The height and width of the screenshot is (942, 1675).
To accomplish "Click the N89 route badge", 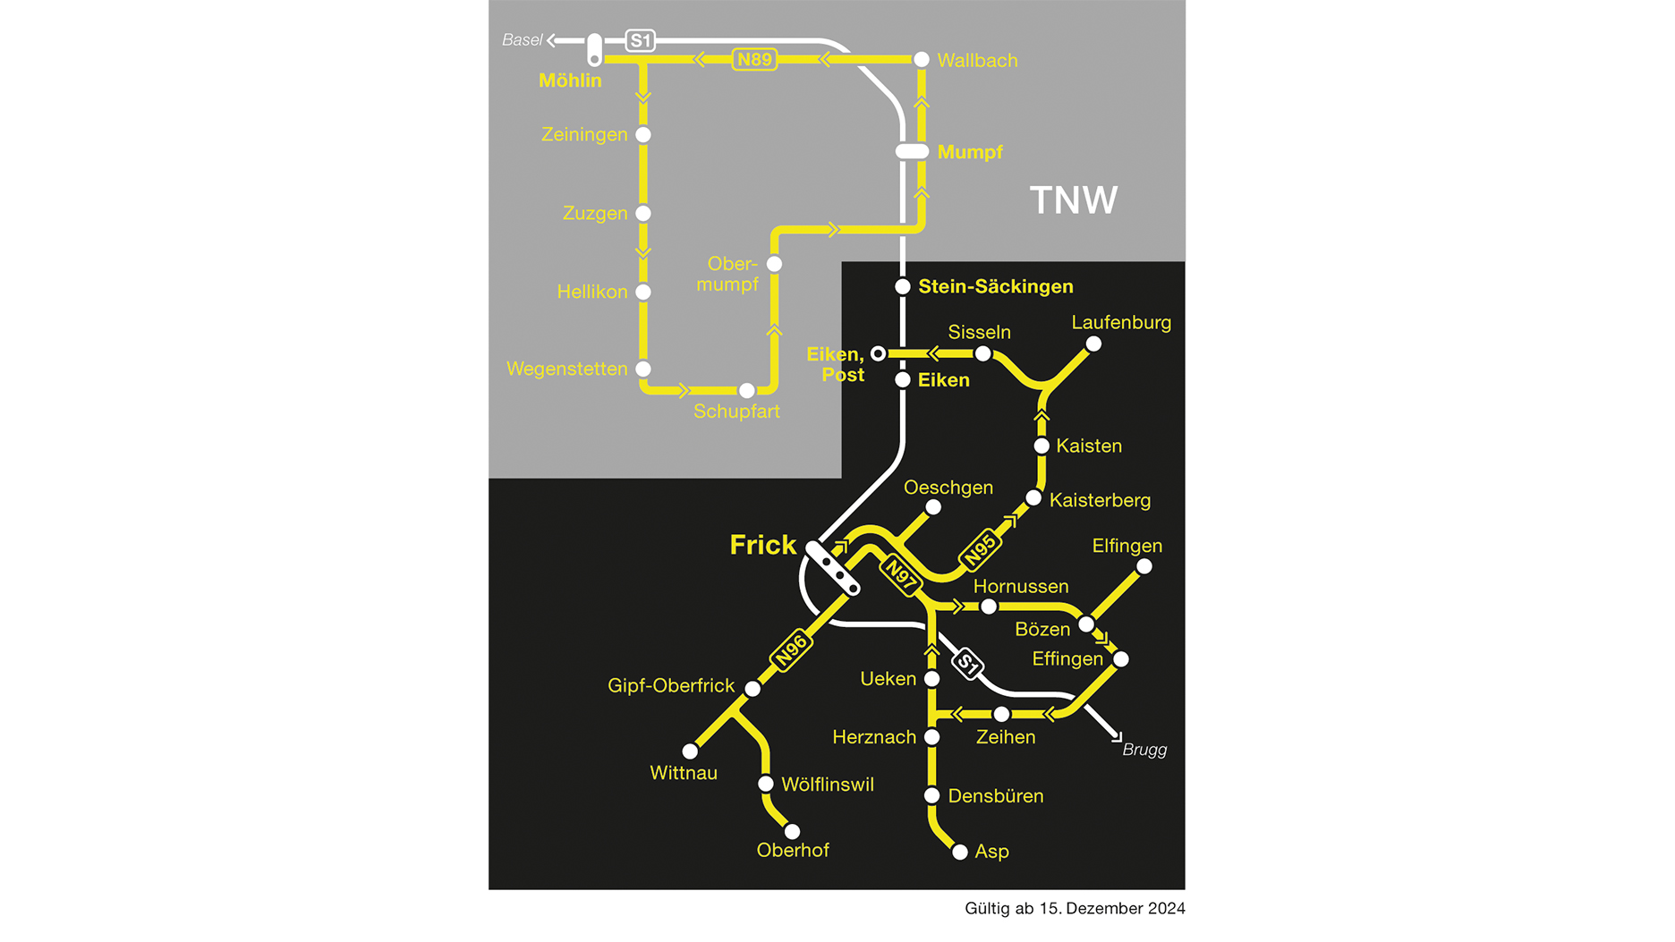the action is (754, 60).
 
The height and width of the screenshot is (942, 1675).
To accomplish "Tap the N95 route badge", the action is (980, 548).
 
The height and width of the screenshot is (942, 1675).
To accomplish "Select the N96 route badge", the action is (791, 649).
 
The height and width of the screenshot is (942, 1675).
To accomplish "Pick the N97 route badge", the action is (900, 575).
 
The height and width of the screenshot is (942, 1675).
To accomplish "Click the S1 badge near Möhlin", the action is (641, 40).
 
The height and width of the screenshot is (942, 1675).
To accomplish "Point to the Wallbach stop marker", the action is (922, 60).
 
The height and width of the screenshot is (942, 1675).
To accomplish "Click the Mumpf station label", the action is (970, 152).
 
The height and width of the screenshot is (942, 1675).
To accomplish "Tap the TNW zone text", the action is (1074, 200).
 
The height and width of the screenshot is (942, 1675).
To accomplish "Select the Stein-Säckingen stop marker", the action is (903, 287).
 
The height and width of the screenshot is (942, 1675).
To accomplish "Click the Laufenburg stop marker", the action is (1093, 344).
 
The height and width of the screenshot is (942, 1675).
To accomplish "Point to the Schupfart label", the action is (736, 412).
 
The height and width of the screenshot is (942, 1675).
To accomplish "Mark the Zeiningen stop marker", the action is (643, 135).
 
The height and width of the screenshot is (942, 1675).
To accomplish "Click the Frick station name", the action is (763, 545).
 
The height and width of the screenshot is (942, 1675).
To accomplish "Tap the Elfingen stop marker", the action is (1144, 566).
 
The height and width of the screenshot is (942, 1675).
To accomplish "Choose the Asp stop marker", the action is (960, 852).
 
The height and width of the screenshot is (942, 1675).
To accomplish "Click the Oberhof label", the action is (793, 850).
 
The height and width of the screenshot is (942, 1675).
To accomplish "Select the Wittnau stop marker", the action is (690, 751).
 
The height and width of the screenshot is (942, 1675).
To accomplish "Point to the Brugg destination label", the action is (1144, 750).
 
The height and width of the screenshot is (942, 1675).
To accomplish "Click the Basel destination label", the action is (522, 40).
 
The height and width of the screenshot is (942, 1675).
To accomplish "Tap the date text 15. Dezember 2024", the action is (1112, 908).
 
